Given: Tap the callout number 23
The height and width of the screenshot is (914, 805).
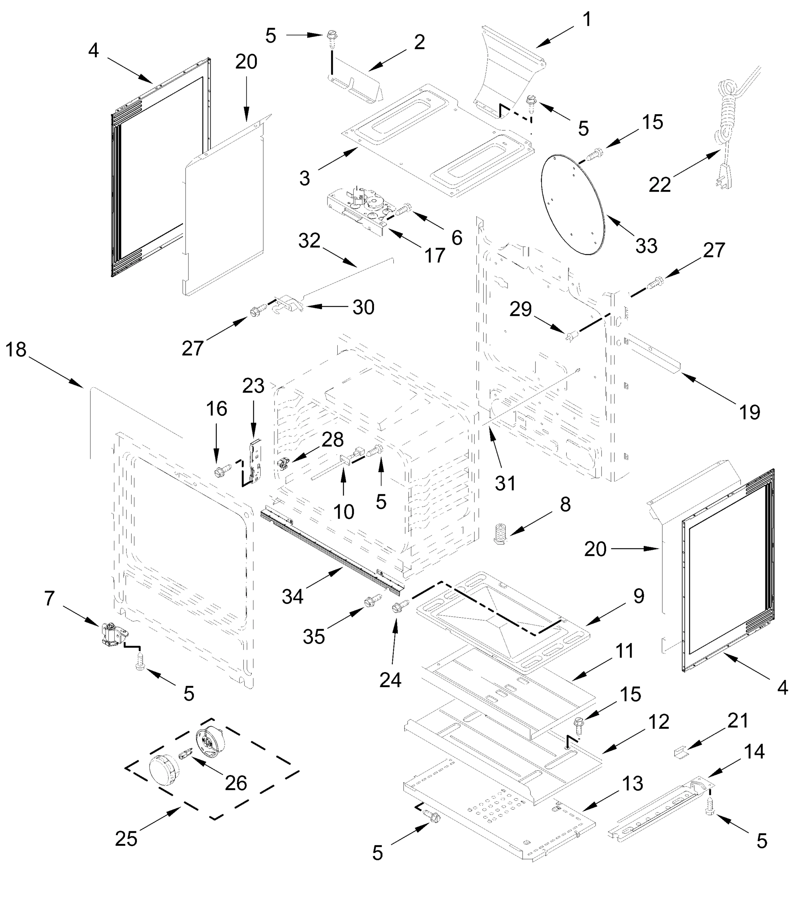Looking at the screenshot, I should click(x=253, y=385).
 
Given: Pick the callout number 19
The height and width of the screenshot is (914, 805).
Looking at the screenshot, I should click(x=749, y=412).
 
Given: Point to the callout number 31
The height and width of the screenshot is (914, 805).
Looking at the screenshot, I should click(x=505, y=483).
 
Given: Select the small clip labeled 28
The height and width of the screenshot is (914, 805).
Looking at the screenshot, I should click(x=282, y=464).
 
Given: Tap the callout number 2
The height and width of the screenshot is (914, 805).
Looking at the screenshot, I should click(x=419, y=42).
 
